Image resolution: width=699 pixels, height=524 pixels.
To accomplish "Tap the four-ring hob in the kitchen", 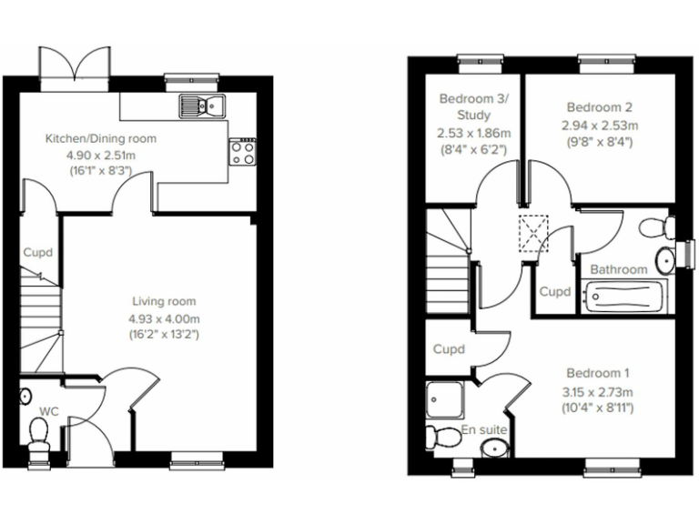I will coord(243,151).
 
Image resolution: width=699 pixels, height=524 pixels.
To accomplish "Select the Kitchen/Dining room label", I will coord(101,139).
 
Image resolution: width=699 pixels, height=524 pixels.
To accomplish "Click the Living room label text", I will coord(164,301).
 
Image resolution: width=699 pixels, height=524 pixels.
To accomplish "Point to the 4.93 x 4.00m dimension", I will coord(164,317).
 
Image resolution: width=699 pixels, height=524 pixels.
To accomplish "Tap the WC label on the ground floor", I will coord(49,412).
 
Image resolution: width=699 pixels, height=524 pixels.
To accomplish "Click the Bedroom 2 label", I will coord(593,106).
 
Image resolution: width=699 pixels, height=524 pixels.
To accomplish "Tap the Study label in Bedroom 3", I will coord(475,116).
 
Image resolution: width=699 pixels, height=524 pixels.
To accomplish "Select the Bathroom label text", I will coord(619,269).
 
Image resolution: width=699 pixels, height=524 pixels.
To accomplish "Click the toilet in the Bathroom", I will coord(653,227).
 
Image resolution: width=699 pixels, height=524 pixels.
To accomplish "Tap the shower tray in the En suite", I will coord(445,398).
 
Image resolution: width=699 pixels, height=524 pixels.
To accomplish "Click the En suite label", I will coord(484,428).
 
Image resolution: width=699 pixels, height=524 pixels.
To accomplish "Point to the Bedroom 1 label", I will coord(596,373).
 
